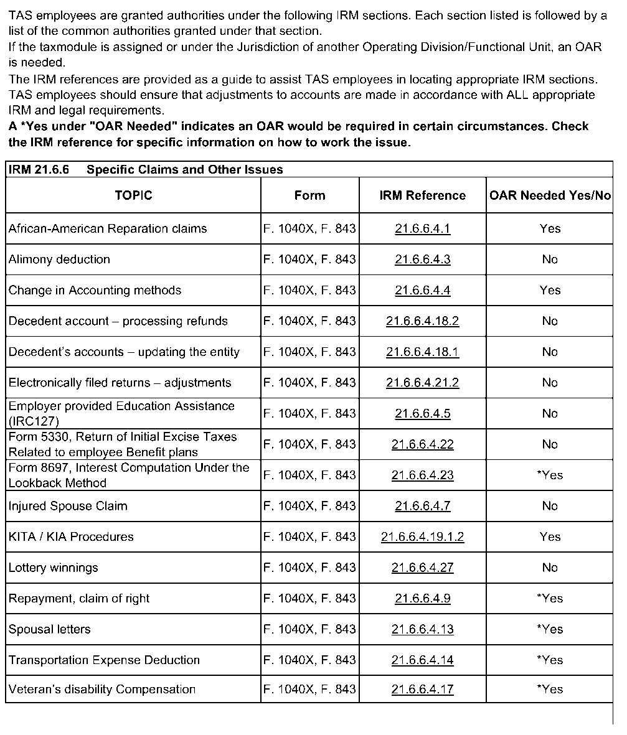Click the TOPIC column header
tap(133, 195)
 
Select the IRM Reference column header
tap(422, 195)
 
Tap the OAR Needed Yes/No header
tap(550, 195)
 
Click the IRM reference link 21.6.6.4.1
tap(422, 228)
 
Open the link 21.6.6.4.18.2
tap(422, 321)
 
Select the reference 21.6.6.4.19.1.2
tap(422, 536)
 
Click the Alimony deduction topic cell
tap(59, 260)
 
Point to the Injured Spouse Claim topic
tap(68, 506)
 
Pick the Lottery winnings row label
tap(54, 568)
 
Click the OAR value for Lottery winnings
tap(550, 568)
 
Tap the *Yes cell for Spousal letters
tap(550, 629)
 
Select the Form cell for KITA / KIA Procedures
tap(309, 536)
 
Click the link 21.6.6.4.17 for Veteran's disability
tap(422, 689)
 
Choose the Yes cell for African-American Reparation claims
tap(550, 228)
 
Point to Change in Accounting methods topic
tap(95, 290)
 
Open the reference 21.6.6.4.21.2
tap(422, 383)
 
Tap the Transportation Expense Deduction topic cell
tap(104, 660)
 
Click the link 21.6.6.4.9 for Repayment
tap(422, 598)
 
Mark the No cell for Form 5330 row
tap(550, 444)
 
